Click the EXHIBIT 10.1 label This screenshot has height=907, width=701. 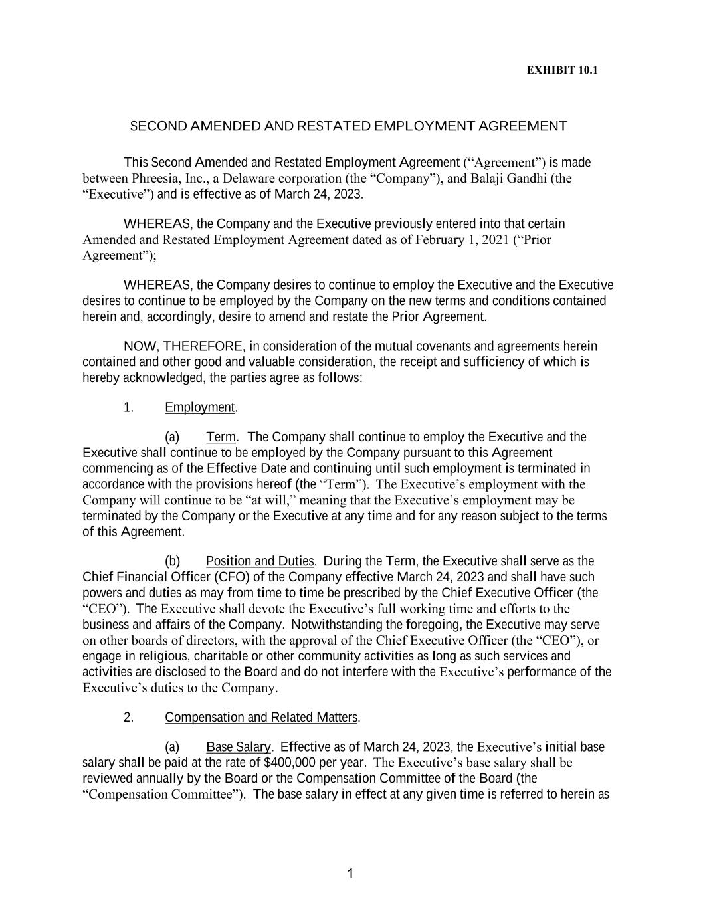coord(561,70)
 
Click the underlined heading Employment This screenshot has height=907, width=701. coord(199,407)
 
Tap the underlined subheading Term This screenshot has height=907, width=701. coord(221,437)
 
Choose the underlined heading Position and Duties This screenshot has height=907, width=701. coord(260,561)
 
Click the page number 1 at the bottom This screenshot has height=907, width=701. coord(350,874)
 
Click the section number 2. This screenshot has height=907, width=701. coord(128,718)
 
